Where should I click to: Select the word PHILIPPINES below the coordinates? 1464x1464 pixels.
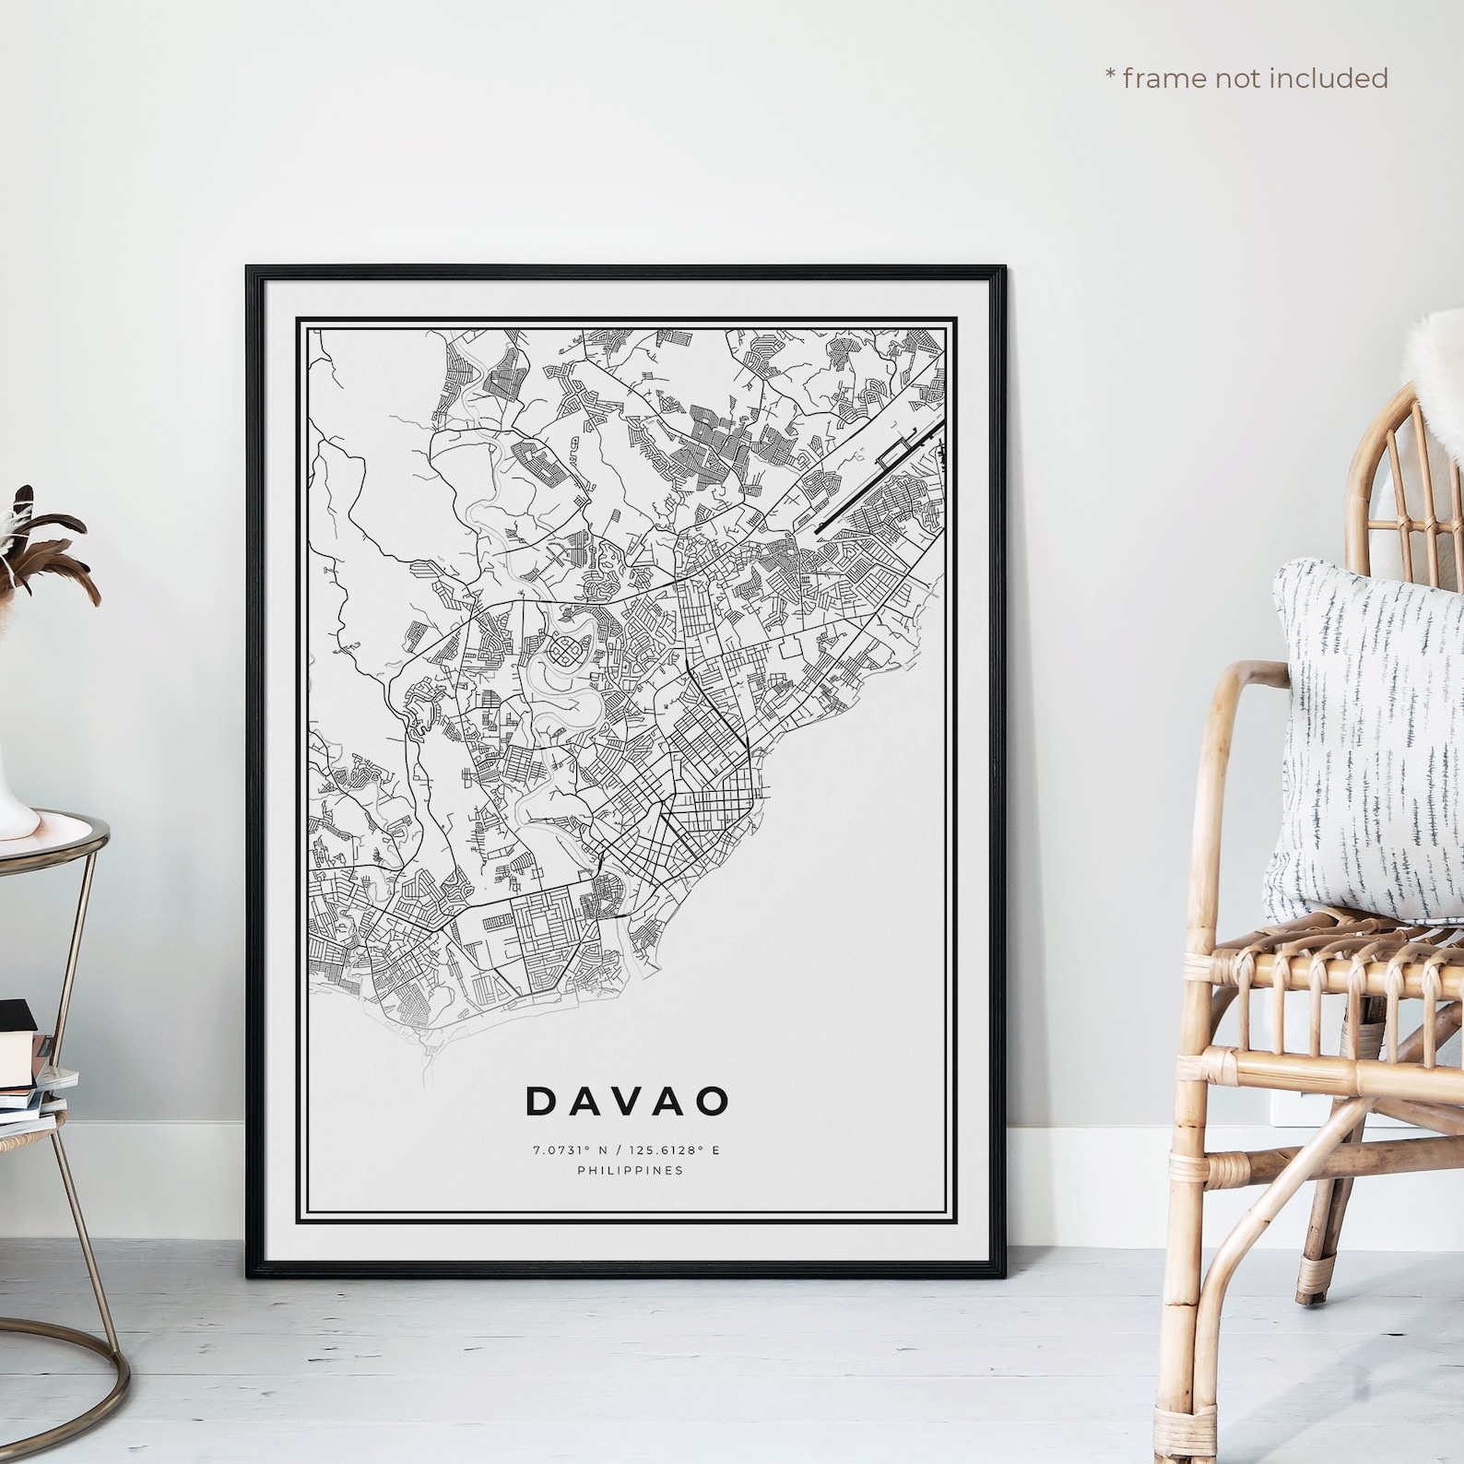tap(630, 1171)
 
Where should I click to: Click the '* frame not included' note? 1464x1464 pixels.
tap(1246, 78)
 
